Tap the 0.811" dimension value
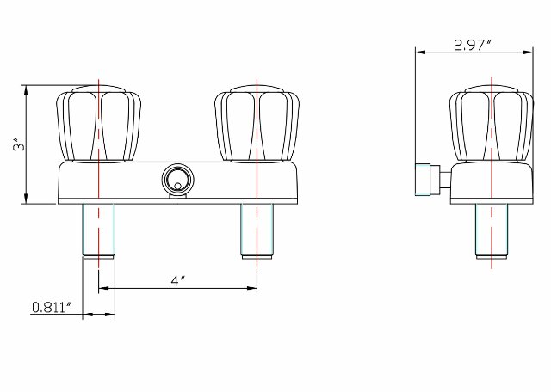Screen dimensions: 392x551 click(x=50, y=307)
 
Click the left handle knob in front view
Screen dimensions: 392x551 click(x=99, y=124)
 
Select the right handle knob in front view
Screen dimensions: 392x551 click(x=258, y=124)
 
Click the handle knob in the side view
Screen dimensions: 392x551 click(x=489, y=126)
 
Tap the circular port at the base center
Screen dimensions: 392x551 click(x=176, y=181)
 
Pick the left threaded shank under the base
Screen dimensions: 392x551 click(x=99, y=228)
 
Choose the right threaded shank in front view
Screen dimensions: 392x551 click(x=258, y=228)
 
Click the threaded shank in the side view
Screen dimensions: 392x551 click(x=490, y=228)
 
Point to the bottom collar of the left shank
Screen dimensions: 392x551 click(x=99, y=254)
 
